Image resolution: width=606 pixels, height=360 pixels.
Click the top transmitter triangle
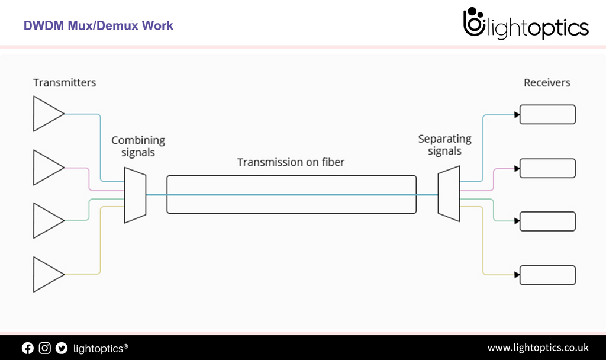click(x=46, y=114)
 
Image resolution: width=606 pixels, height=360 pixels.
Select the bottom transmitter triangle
click(x=46, y=274)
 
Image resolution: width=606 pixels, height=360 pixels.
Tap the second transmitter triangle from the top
click(x=46, y=168)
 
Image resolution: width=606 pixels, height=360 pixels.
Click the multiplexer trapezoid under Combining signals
click(x=135, y=195)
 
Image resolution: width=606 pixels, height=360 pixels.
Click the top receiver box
click(x=547, y=114)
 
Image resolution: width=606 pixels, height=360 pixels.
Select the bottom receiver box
click(x=547, y=275)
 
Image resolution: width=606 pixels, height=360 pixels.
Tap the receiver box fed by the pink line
click(x=547, y=168)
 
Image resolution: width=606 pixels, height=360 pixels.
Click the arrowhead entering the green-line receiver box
click(x=517, y=221)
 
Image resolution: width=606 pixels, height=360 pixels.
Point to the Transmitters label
click(x=65, y=83)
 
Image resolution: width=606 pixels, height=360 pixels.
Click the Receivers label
click(x=547, y=83)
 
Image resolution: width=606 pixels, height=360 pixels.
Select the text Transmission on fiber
click(x=291, y=162)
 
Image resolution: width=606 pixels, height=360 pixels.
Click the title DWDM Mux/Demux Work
click(x=98, y=26)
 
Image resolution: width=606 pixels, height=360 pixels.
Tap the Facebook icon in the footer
click(x=28, y=348)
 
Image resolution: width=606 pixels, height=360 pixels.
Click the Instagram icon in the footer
click(x=44, y=348)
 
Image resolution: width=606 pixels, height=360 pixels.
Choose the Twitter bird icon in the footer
click(x=62, y=348)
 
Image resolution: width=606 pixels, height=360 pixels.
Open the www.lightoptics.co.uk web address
click(x=537, y=348)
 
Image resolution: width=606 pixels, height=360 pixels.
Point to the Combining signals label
click(x=138, y=146)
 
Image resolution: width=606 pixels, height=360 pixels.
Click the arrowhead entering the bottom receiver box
click(x=517, y=275)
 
